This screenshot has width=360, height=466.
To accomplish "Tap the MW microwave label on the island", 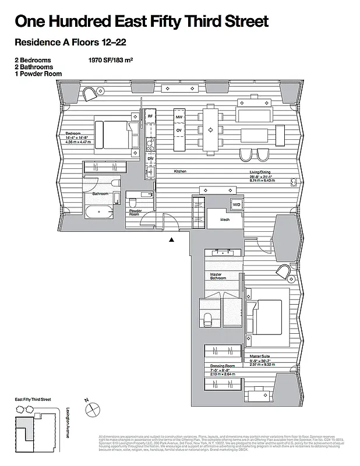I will pyautogui.click(x=179, y=118).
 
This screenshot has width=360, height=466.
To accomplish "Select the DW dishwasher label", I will pyautogui.click(x=150, y=158).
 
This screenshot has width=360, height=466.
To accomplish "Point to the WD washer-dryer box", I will pyautogui.click(x=237, y=205).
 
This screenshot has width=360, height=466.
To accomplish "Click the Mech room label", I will pyautogui.click(x=225, y=220).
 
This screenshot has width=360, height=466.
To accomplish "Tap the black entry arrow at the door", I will pyautogui.click(x=171, y=239).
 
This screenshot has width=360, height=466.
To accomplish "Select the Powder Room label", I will pyautogui.click(x=136, y=213).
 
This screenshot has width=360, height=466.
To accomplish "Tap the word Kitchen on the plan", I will pyautogui.click(x=180, y=171).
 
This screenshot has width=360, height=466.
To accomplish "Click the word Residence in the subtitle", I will pyautogui.click(x=36, y=42).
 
